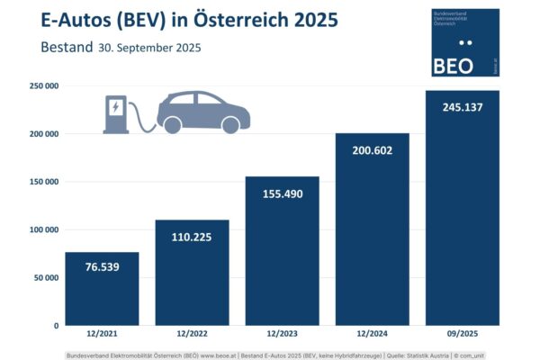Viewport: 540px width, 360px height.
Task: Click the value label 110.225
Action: [192, 238]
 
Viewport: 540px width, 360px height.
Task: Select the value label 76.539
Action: [102, 268]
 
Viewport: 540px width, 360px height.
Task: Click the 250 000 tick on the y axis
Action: [41, 86]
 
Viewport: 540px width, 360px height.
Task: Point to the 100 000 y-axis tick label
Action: [41, 229]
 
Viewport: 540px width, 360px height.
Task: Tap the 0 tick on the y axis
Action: [56, 325]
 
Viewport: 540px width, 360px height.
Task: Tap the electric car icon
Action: [203, 112]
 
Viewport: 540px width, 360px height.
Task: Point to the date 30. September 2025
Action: [149, 48]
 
